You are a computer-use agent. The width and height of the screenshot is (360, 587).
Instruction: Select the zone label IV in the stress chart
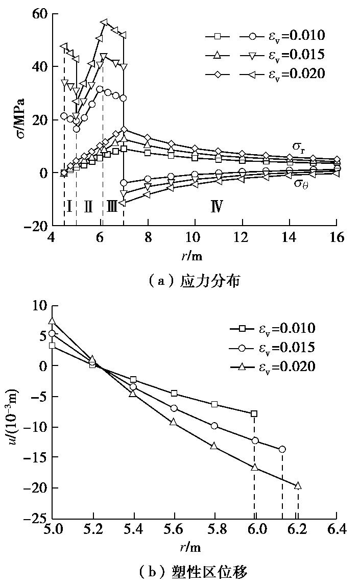pyautogui.click(x=217, y=206)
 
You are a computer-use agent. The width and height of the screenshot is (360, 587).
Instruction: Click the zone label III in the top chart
pyautogui.click(x=112, y=206)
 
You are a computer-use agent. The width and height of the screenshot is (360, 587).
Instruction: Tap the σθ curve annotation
pyautogui.click(x=300, y=183)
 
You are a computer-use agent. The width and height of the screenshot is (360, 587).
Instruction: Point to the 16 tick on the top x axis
pyautogui.click(x=337, y=238)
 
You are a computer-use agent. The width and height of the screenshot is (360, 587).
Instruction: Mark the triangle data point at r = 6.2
pyautogui.click(x=298, y=485)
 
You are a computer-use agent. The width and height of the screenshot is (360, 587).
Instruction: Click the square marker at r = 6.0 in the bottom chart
pyautogui.click(x=254, y=413)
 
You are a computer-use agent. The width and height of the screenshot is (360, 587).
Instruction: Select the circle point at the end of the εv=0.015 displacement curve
pyautogui.click(x=282, y=449)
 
